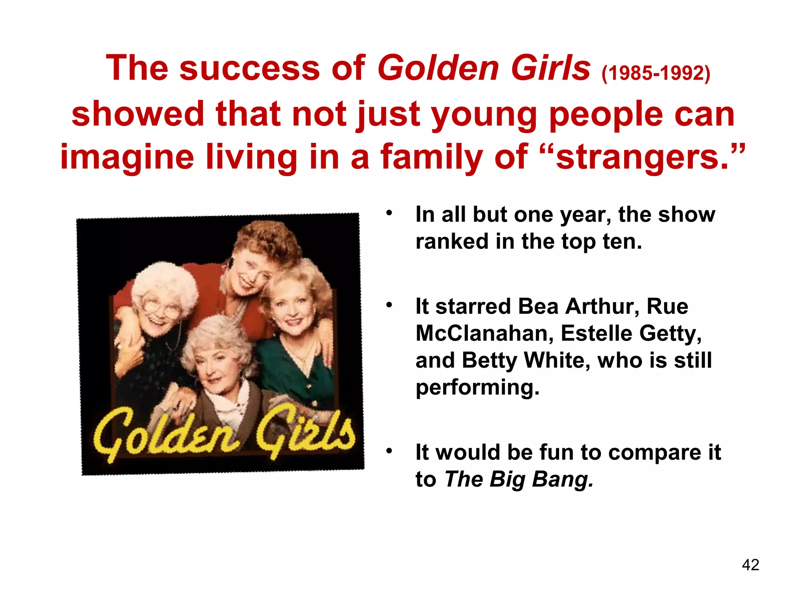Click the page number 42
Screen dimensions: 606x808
point(750,565)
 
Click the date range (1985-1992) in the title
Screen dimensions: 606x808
point(656,73)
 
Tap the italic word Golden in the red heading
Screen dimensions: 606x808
point(438,68)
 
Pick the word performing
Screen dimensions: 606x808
point(477,387)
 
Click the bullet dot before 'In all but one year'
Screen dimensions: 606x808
point(389,213)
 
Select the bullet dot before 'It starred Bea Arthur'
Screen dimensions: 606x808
point(389,305)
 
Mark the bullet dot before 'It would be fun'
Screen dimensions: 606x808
point(389,451)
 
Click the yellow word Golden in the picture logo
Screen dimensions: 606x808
point(166,434)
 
